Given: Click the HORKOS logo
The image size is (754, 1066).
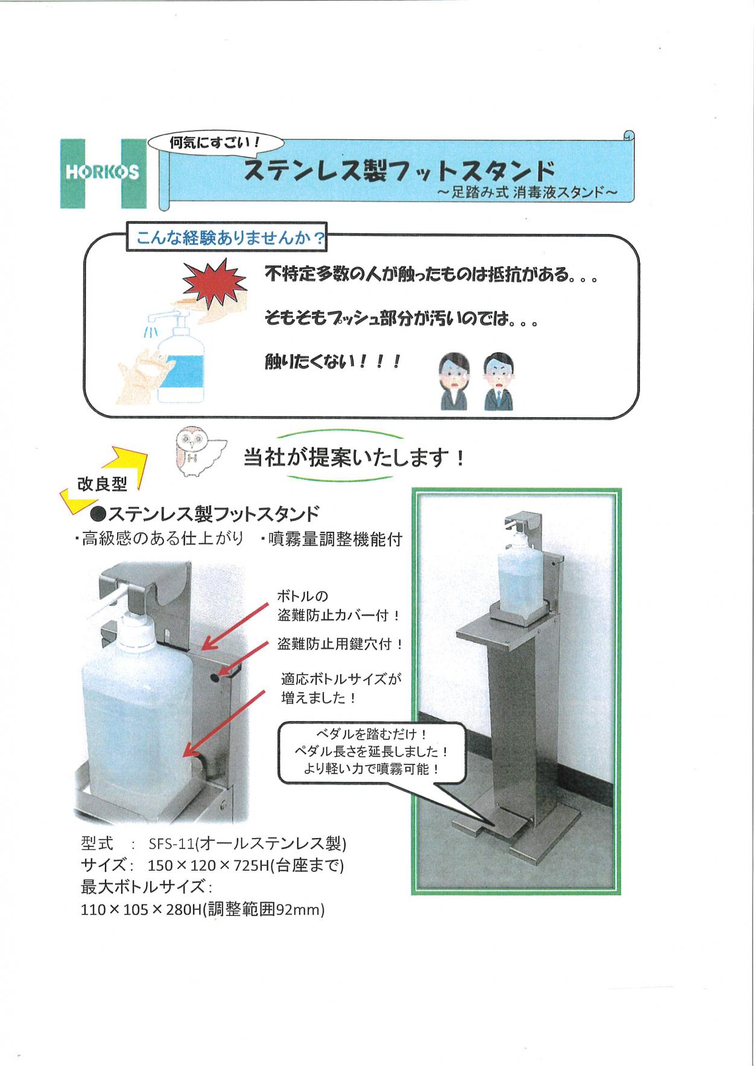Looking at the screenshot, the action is (103, 174).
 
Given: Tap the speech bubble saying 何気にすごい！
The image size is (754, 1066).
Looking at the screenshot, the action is (216, 143).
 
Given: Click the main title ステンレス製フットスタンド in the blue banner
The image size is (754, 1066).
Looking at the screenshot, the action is (399, 171).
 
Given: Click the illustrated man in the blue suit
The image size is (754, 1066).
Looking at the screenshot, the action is (498, 382).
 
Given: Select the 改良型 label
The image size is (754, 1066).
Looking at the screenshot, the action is (102, 484).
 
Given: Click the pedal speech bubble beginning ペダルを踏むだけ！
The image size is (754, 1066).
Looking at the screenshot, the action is (372, 753).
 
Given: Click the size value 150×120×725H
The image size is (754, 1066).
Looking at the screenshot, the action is (209, 866).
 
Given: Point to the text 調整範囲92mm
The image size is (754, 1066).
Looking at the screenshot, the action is (266, 909).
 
